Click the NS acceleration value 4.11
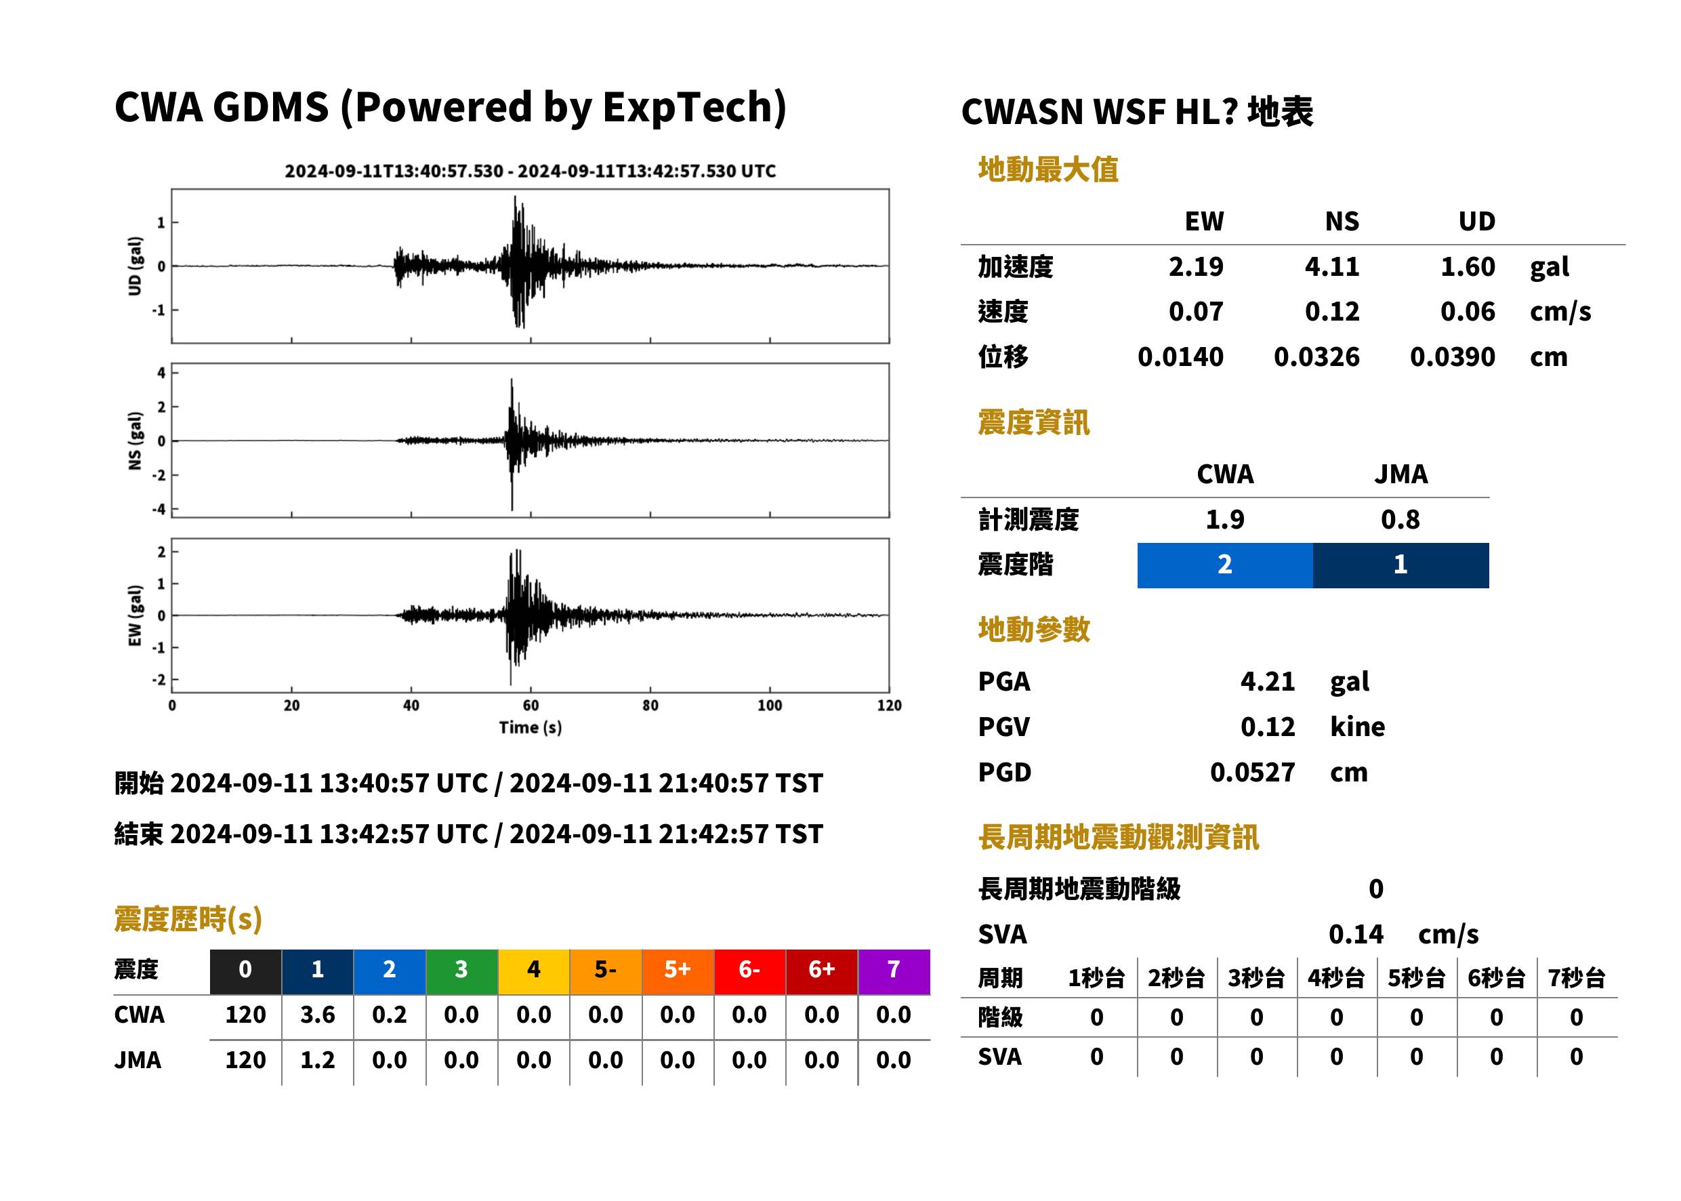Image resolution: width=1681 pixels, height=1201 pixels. coord(1331,267)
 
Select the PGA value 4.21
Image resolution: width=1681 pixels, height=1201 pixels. coord(1267,681)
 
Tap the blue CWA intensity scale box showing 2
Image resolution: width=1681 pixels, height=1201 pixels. coord(1224,565)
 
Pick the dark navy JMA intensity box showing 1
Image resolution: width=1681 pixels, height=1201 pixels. coord(1400,565)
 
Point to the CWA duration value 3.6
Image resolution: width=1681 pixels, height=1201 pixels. coord(317,1015)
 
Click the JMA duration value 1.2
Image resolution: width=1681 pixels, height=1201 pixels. coord(317,1060)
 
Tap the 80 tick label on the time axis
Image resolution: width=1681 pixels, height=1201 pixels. coord(650,706)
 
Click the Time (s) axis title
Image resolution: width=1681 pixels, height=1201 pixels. coord(530,728)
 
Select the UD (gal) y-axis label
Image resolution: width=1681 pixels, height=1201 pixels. coord(135,266)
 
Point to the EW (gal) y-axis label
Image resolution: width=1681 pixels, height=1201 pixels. coord(135,615)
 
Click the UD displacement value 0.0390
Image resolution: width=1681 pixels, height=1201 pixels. coord(1452,357)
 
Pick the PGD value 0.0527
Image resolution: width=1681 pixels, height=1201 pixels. coord(1252,772)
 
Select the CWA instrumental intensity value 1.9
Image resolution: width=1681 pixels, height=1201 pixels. coord(1224,520)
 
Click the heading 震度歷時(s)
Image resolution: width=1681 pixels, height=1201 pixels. coord(188,918)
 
